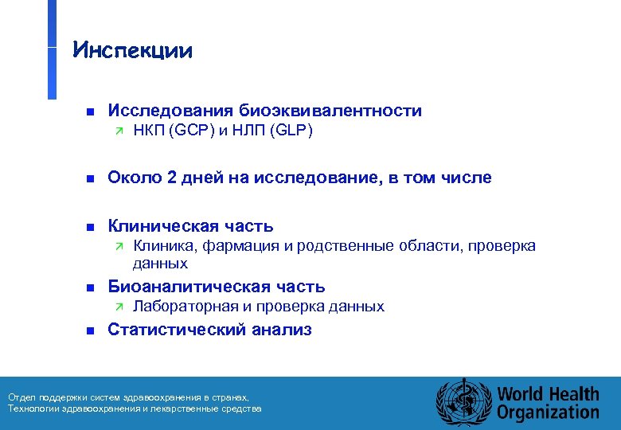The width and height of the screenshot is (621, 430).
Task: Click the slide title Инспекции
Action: click(132, 51)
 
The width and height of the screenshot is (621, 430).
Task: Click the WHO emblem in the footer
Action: click(463, 403)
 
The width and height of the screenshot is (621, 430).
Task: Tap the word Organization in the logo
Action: click(548, 412)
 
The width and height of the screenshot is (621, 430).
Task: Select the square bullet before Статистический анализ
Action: click(90, 330)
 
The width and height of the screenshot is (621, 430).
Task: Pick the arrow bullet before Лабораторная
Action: click(117, 307)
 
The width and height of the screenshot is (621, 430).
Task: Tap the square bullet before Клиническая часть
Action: click(90, 227)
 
